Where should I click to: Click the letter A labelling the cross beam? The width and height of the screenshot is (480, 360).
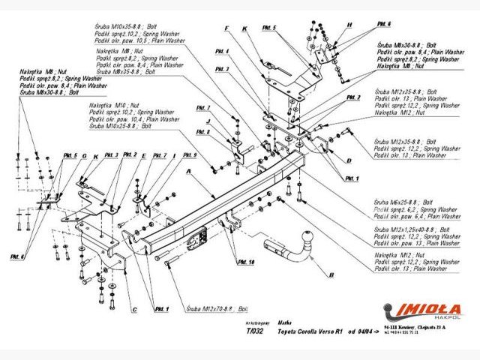[x=189, y=171]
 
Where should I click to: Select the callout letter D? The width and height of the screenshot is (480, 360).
[x=349, y=160]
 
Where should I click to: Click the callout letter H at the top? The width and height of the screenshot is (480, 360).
[x=349, y=25]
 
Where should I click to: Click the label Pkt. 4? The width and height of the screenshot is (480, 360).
[x=222, y=52]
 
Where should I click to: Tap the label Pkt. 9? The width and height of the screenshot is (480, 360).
[x=189, y=155]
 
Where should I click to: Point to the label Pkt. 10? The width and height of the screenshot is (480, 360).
[x=245, y=262]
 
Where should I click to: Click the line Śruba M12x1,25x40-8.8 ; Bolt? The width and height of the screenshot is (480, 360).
[x=412, y=229]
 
